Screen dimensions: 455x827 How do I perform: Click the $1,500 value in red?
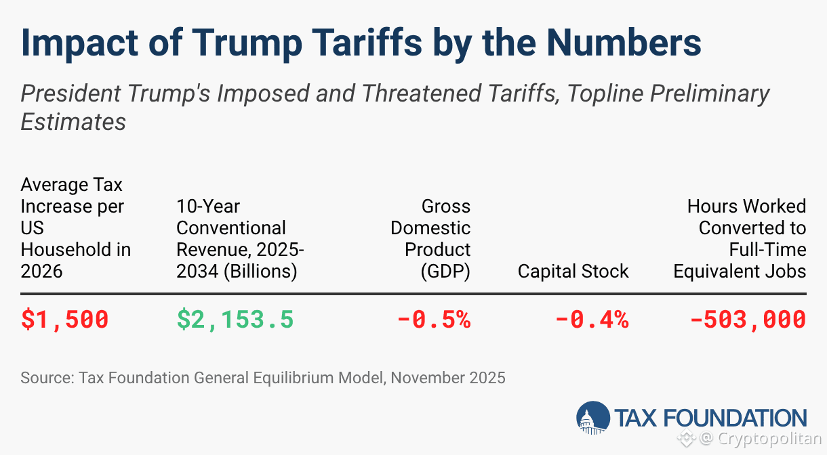64,319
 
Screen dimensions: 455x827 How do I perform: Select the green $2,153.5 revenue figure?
235,319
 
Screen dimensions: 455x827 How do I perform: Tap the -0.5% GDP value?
434,319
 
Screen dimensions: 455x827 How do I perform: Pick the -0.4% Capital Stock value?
592,319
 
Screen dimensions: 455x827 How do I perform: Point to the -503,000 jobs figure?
748,319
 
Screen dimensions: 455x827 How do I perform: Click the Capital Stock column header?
573,272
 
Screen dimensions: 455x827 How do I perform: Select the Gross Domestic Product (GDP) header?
430,238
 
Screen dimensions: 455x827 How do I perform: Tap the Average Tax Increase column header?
75,227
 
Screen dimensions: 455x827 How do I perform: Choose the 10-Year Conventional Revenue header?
240,238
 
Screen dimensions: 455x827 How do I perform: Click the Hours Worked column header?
740,238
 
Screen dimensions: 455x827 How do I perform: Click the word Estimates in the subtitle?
73,122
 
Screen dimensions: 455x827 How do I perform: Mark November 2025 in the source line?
447,377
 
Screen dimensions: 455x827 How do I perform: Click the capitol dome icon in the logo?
592,417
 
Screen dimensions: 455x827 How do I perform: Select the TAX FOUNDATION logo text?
710,417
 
